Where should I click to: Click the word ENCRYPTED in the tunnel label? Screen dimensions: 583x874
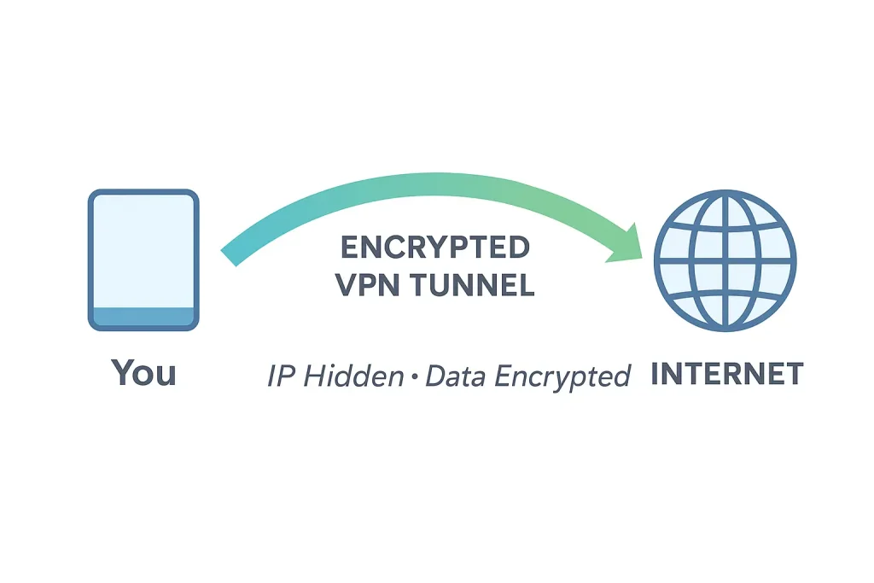click(x=435, y=248)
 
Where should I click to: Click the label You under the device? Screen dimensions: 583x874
click(x=143, y=373)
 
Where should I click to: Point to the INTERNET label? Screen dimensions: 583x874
click(x=727, y=374)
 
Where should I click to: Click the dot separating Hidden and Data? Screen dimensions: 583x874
click(x=414, y=376)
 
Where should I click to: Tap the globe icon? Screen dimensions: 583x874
click(x=725, y=259)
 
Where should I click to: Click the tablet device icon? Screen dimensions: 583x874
click(x=143, y=259)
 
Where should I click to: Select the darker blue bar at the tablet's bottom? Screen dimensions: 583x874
click(x=143, y=316)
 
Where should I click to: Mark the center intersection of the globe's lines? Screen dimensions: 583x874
click(x=725, y=259)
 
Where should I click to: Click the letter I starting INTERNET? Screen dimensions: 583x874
click(x=655, y=374)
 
